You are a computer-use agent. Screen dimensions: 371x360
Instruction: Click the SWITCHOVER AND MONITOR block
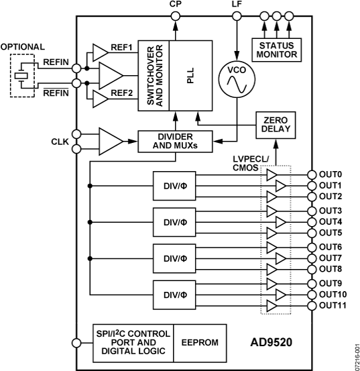pyautogui.click(x=154, y=74)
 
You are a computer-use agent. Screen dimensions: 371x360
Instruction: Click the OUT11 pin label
pyautogui.click(x=332, y=305)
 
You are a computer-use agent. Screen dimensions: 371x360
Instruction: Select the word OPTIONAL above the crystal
pyautogui.click(x=23, y=47)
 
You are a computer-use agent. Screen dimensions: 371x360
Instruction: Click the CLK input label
pyautogui.click(x=58, y=142)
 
